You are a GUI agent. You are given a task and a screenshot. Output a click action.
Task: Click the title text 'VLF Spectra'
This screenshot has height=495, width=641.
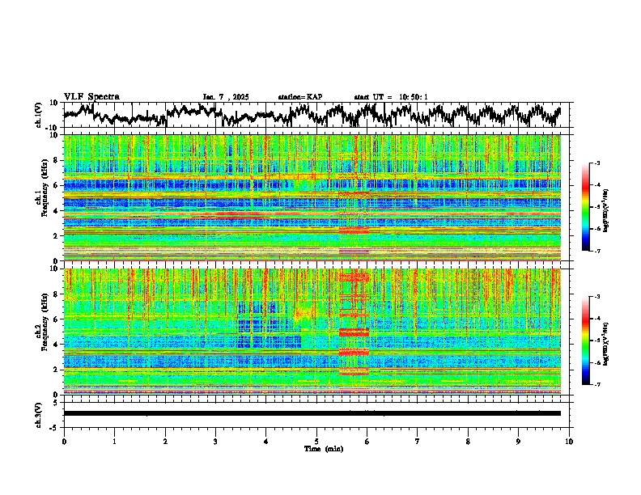point(91,96)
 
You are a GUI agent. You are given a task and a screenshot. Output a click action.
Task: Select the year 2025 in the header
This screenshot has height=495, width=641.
point(240,97)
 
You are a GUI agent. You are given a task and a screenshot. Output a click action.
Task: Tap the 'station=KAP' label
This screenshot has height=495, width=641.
point(299,97)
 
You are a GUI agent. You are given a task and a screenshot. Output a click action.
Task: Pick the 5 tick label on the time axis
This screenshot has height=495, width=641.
point(316,440)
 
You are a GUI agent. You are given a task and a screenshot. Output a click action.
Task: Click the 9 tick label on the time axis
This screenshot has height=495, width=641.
point(519,440)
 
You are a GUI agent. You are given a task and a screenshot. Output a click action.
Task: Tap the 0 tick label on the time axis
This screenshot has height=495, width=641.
point(64,440)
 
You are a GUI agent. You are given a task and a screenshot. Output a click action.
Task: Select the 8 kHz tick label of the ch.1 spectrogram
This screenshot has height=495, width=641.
point(57,160)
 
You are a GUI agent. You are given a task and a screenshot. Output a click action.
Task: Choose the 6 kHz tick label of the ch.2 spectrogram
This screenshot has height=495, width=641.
point(57,319)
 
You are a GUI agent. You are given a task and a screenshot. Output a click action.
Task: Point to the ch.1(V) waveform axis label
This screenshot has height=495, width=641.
point(38,116)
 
